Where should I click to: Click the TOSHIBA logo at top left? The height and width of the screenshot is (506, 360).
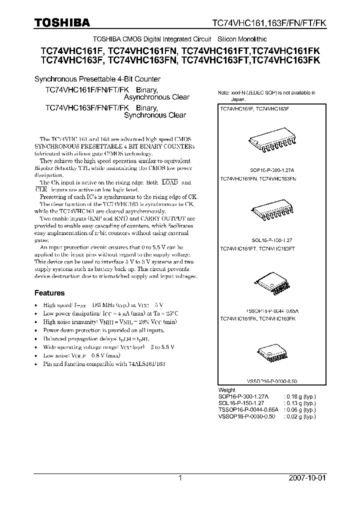tap(62, 22)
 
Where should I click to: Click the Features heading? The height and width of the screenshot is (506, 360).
tap(49, 293)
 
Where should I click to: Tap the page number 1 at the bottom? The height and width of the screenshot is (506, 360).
tap(180, 478)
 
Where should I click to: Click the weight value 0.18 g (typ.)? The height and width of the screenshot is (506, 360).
tap(299, 395)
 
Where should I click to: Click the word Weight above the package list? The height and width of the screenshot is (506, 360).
tap(227, 389)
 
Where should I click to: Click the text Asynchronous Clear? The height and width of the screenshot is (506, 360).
tap(156, 97)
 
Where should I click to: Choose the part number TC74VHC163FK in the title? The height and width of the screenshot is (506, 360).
tap(286, 59)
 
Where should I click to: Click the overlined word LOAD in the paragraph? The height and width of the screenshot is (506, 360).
tap(170, 183)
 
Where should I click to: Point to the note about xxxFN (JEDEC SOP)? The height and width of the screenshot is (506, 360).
tap(266, 95)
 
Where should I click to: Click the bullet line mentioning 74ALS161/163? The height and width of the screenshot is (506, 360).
tap(104, 363)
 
